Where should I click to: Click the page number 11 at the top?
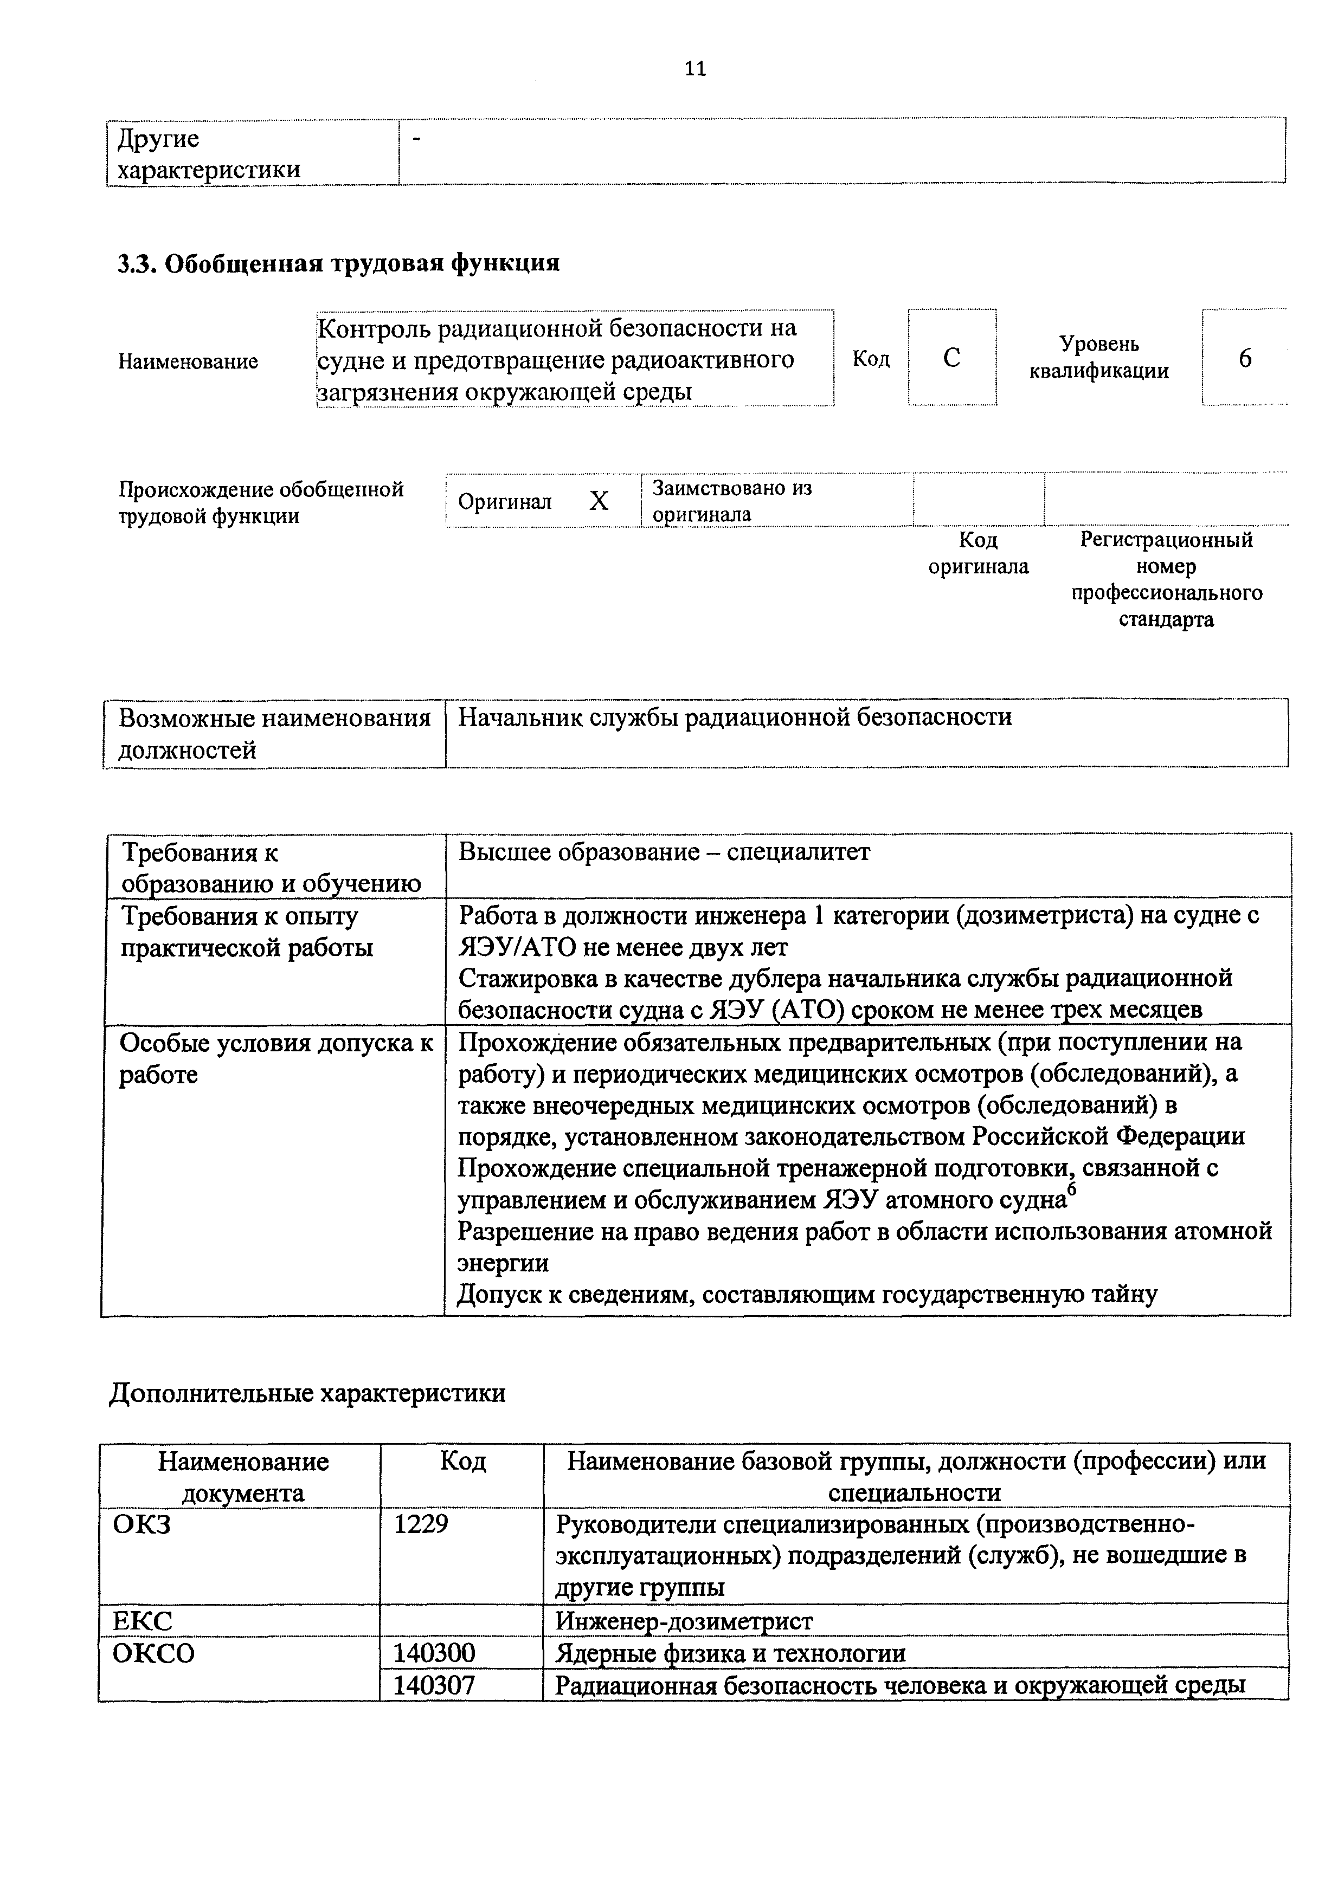(695, 69)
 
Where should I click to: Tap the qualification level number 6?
(1245, 358)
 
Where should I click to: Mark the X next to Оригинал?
(599, 501)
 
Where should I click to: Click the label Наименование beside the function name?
(188, 361)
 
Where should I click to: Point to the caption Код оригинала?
(978, 553)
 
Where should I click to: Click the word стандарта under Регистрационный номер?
(1166, 619)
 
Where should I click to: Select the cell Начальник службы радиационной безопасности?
(735, 717)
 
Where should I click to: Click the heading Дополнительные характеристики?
(307, 1393)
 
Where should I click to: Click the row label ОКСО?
(154, 1653)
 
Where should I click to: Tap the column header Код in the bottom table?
(462, 1462)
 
